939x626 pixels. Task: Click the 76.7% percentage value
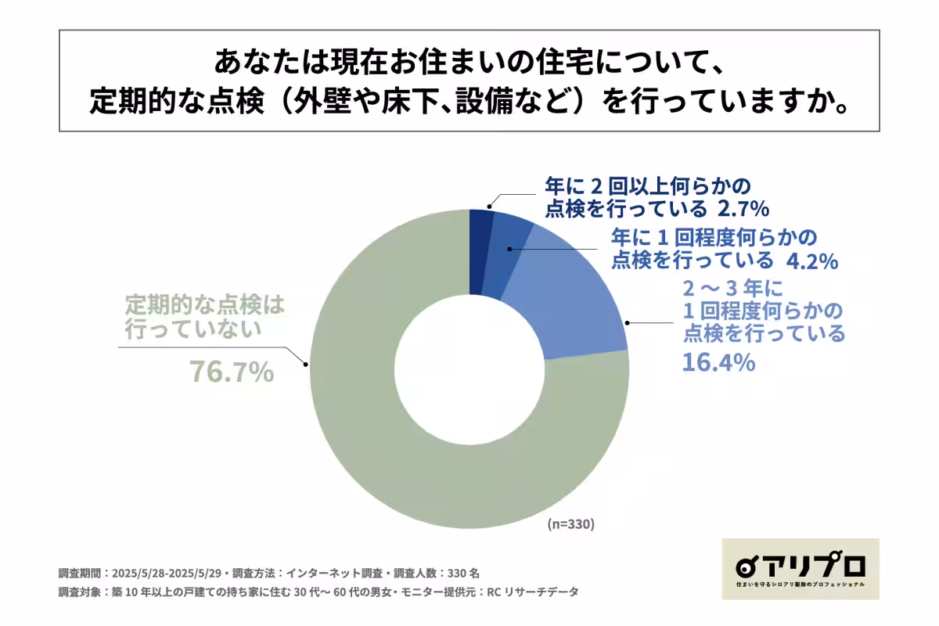(x=232, y=372)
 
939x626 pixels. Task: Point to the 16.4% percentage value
(x=718, y=362)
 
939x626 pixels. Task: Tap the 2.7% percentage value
(x=740, y=209)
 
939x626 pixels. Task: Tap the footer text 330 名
(x=470, y=573)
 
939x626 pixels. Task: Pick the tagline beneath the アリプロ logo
(x=800, y=585)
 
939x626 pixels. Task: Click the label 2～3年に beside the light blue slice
(x=732, y=287)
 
